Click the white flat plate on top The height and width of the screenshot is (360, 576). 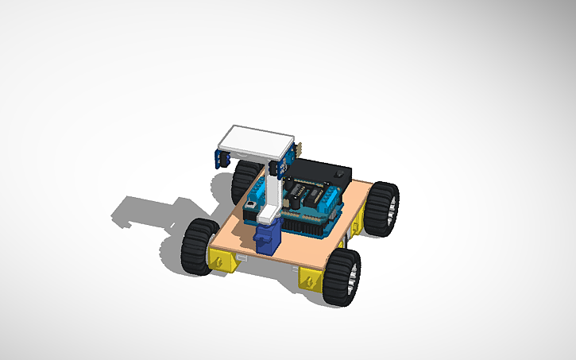click(x=256, y=141)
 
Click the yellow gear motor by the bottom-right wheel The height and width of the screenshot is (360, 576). click(x=312, y=279)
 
